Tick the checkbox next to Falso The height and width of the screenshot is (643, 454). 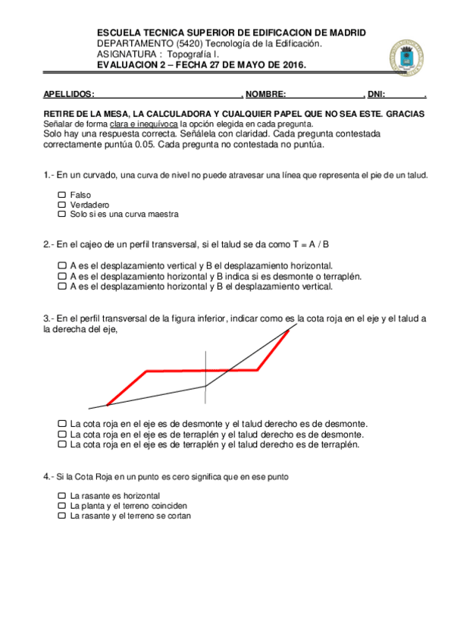click(x=62, y=195)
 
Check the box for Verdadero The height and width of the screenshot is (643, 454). click(x=62, y=205)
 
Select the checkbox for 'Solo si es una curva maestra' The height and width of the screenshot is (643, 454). click(x=62, y=215)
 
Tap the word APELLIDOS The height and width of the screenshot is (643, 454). click(x=67, y=95)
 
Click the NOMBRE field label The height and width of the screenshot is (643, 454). click(x=265, y=95)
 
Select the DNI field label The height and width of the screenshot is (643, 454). click(x=376, y=95)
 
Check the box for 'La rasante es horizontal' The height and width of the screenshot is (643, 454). click(x=62, y=495)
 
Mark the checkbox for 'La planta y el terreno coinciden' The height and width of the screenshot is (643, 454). click(x=62, y=505)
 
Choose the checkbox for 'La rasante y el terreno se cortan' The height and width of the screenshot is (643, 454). click(x=62, y=516)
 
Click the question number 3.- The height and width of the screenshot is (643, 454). click(x=49, y=318)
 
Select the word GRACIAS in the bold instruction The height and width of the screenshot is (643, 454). click(x=405, y=114)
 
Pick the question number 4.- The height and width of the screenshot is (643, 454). click(x=49, y=476)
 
